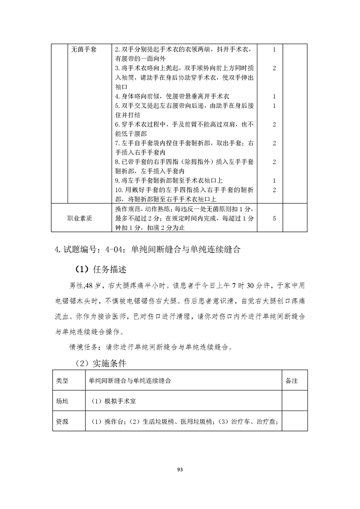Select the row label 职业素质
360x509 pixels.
tap(79, 218)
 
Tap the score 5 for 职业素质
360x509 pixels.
tap(275, 218)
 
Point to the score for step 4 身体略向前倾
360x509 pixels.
tap(275, 96)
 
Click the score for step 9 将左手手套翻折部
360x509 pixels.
tap(275, 181)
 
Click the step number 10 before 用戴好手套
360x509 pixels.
tap(119, 190)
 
